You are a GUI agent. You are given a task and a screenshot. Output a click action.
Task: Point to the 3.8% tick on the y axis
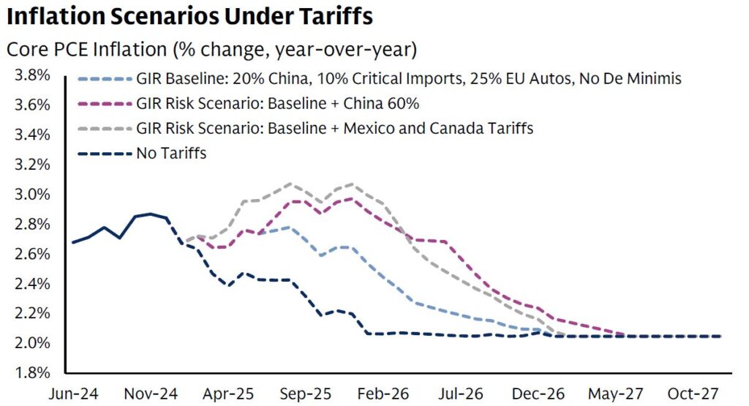[30, 75]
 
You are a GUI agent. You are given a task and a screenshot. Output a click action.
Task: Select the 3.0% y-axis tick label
[30, 194]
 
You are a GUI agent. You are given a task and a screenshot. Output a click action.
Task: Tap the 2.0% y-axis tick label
[30, 342]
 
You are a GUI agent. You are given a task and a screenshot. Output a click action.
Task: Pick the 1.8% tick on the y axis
[30, 372]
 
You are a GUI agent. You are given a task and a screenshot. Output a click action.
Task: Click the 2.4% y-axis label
[30, 283]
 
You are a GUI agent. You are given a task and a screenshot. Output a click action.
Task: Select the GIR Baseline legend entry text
[408, 79]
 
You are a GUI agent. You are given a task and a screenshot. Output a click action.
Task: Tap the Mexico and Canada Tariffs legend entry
[334, 129]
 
